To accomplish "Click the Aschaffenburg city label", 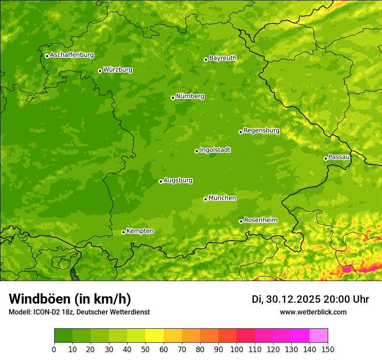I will pyautogui.click(x=72, y=55).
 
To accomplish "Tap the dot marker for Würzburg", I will pyautogui.click(x=100, y=71).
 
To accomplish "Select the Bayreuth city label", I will pyautogui.click(x=223, y=58).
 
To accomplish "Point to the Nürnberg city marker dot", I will pyautogui.click(x=173, y=98).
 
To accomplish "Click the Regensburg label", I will pyautogui.click(x=261, y=131).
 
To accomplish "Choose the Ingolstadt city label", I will pyautogui.click(x=215, y=150).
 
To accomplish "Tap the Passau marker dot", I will pyautogui.click(x=326, y=158).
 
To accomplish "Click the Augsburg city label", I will pyautogui.click(x=178, y=180).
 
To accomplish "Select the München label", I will pyautogui.click(x=222, y=198).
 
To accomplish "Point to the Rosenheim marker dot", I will pyautogui.click(x=241, y=222).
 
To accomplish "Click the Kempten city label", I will pyautogui.click(x=140, y=231).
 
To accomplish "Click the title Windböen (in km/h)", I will pyautogui.click(x=69, y=299).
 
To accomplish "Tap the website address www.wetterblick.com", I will pyautogui.click(x=313, y=312).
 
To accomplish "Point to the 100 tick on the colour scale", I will pyautogui.click(x=237, y=349).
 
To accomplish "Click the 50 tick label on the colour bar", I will pyautogui.click(x=145, y=349).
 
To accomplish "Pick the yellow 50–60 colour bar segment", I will pyautogui.click(x=155, y=336).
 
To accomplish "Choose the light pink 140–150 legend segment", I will pyautogui.click(x=319, y=336).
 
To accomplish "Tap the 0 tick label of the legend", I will pyautogui.click(x=54, y=349).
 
